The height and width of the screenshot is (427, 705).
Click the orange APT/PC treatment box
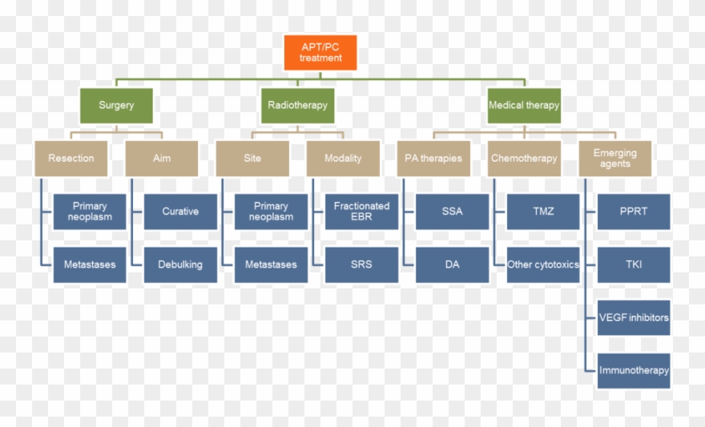point(320,52)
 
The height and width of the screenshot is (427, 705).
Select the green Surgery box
point(116,105)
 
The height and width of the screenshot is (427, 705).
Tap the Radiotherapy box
point(297,105)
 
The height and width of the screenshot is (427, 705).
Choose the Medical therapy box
point(524,105)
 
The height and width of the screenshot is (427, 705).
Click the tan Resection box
point(70,158)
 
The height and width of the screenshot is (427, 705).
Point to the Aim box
point(161,158)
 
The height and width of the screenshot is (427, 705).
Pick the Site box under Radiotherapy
point(252,158)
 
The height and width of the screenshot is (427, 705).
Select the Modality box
point(343,158)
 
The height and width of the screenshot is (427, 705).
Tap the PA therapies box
point(433,158)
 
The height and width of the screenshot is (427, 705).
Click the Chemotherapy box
point(524,158)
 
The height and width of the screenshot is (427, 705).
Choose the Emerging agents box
point(614,158)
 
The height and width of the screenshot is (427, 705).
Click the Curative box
point(180,211)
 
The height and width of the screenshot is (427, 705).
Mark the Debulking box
point(180,264)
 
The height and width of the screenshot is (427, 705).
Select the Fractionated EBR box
point(361,211)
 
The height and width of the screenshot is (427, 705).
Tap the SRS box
point(361,264)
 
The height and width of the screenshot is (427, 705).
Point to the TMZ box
point(543,211)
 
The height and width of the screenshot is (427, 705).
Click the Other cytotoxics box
point(543,264)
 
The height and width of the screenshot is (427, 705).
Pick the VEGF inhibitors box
point(634,317)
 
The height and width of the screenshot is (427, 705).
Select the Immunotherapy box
point(634,370)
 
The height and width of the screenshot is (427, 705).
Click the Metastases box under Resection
point(90,264)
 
